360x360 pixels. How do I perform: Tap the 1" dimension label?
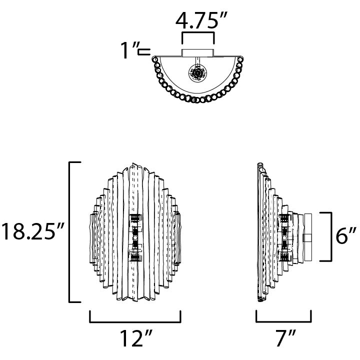point(128,51)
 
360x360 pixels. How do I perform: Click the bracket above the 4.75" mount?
point(198,37)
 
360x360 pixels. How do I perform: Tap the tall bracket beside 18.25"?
point(70,232)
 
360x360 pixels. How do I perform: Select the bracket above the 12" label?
point(135,318)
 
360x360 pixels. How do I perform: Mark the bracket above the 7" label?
point(283,318)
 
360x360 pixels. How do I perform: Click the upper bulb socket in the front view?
point(135,219)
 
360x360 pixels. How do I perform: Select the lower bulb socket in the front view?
point(135,256)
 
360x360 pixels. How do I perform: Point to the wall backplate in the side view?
point(306,236)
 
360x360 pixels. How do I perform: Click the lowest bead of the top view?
point(198,99)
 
